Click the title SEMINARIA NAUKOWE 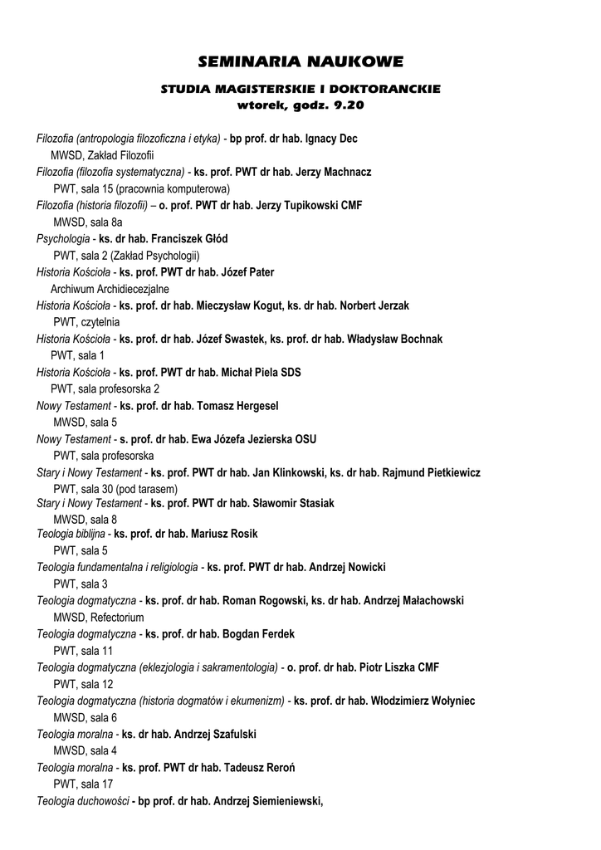(x=300, y=62)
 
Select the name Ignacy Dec (x=331, y=139)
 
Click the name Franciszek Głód (x=195, y=239)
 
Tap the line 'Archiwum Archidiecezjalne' (x=110, y=289)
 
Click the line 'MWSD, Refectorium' (x=98, y=618)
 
